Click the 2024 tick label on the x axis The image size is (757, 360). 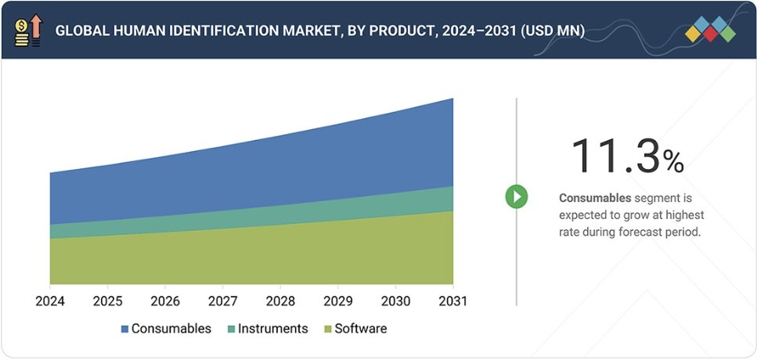click(x=50, y=301)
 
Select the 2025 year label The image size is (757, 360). click(x=107, y=301)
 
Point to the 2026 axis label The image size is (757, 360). click(x=165, y=301)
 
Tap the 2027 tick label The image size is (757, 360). click(x=223, y=301)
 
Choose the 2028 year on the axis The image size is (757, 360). click(x=280, y=301)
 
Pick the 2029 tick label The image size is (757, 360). click(x=338, y=301)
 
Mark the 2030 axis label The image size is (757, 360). click(x=395, y=301)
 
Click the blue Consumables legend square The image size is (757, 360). click(x=124, y=329)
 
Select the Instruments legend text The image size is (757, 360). click(x=272, y=329)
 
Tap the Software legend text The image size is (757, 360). click(x=360, y=329)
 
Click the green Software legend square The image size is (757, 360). click(x=328, y=329)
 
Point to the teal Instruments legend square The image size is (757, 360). click(x=230, y=329)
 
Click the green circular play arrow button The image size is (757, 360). click(x=516, y=196)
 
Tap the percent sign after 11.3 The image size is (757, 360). click(x=673, y=161)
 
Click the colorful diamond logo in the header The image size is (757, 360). click(x=710, y=29)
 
